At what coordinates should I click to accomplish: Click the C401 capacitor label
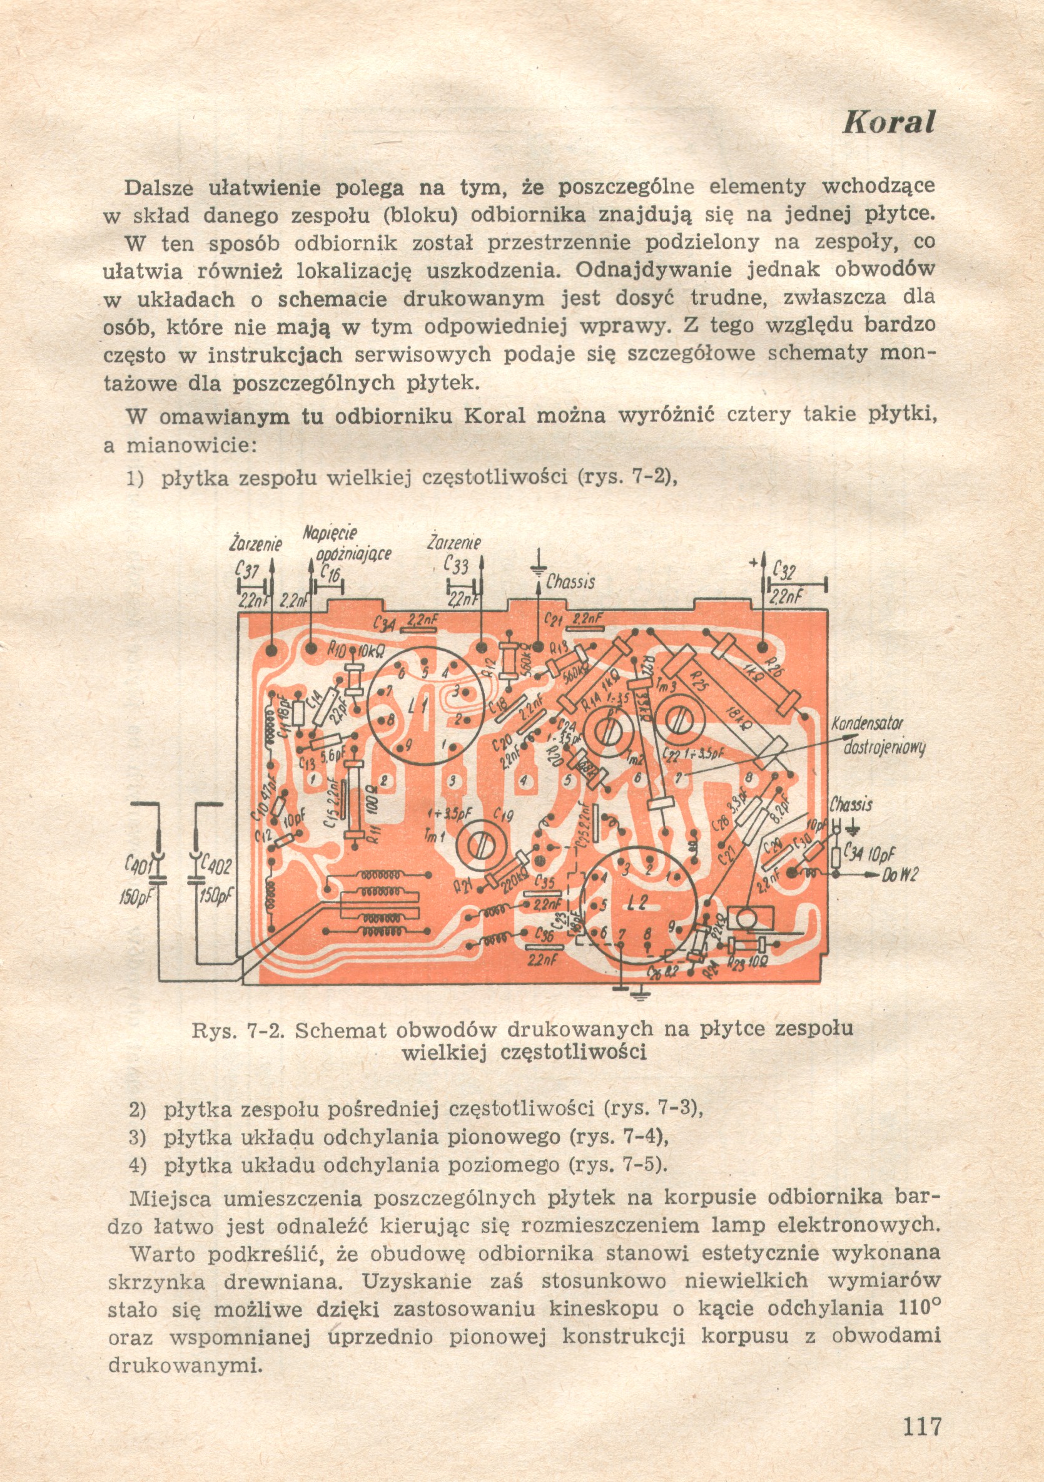tap(138, 864)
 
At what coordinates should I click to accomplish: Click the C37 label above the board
tap(248, 572)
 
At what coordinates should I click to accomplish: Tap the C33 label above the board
tap(456, 566)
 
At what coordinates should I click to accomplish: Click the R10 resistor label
tap(337, 650)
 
